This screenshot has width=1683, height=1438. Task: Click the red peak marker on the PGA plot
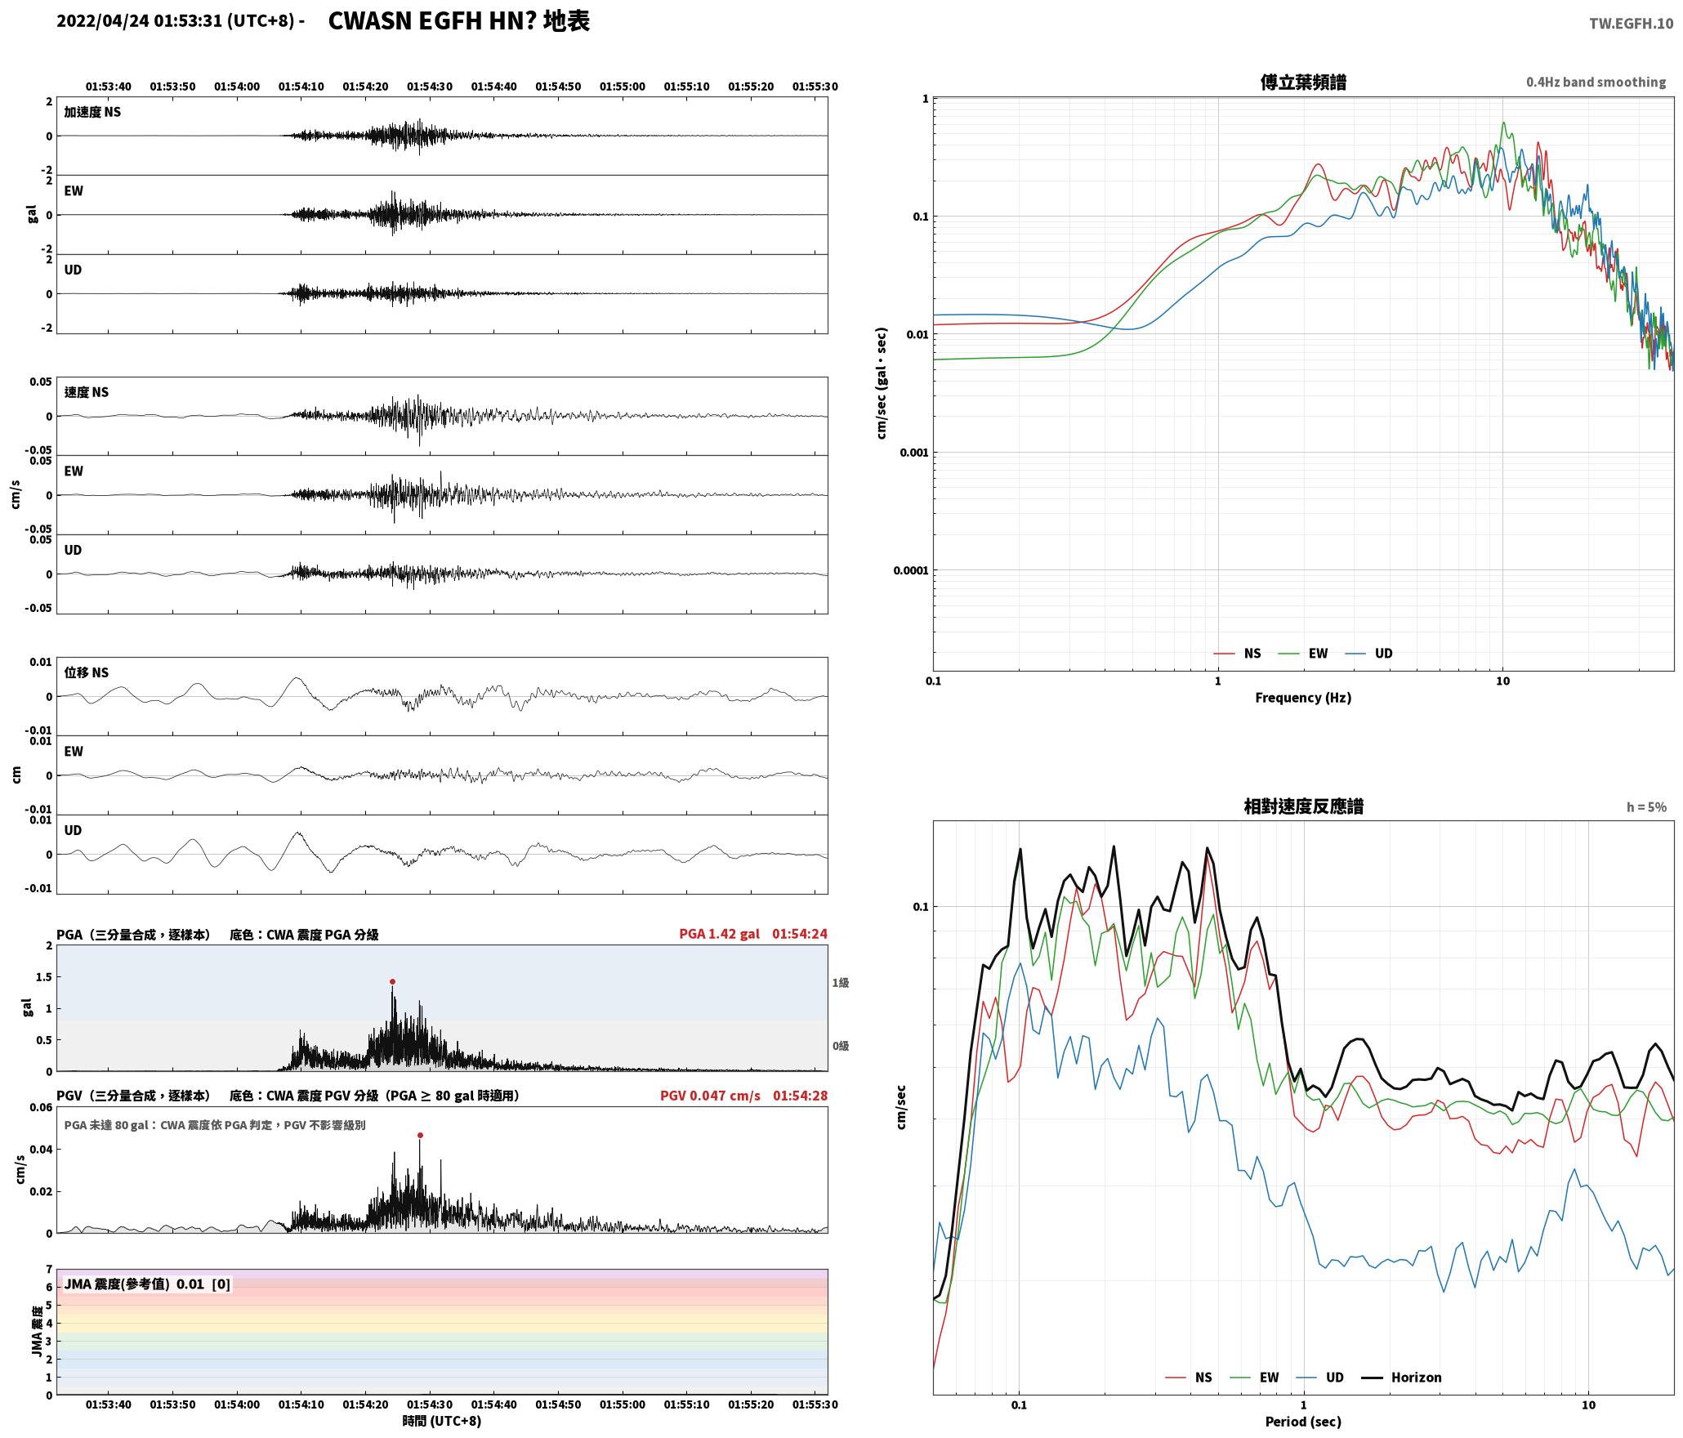[x=392, y=982]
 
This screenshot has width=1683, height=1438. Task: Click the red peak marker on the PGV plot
[x=420, y=1135]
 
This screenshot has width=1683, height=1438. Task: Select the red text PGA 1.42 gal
[x=719, y=934]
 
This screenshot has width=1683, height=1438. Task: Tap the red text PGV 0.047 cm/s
[x=710, y=1096]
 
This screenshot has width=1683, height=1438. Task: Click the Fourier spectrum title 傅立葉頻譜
[x=1303, y=83]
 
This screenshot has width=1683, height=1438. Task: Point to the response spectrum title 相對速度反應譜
[x=1303, y=806]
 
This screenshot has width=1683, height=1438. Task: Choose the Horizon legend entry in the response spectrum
[x=1402, y=1378]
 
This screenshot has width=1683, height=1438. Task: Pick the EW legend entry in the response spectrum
[x=1255, y=1378]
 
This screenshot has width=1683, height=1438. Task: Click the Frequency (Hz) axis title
[x=1303, y=698]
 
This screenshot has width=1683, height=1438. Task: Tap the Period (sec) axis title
[x=1303, y=1422]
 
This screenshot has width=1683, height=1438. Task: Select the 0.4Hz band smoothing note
[x=1596, y=83]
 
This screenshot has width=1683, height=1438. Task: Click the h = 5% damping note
[x=1646, y=807]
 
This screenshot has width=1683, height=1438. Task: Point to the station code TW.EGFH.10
[x=1631, y=24]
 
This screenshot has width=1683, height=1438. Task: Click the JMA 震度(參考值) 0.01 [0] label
[x=147, y=1284]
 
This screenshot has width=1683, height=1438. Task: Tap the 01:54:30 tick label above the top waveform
[x=430, y=87]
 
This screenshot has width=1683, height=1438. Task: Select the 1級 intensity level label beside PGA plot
[x=841, y=983]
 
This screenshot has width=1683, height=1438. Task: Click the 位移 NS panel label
[x=87, y=673]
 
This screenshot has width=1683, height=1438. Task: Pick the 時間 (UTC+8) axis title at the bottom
[x=442, y=1422]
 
